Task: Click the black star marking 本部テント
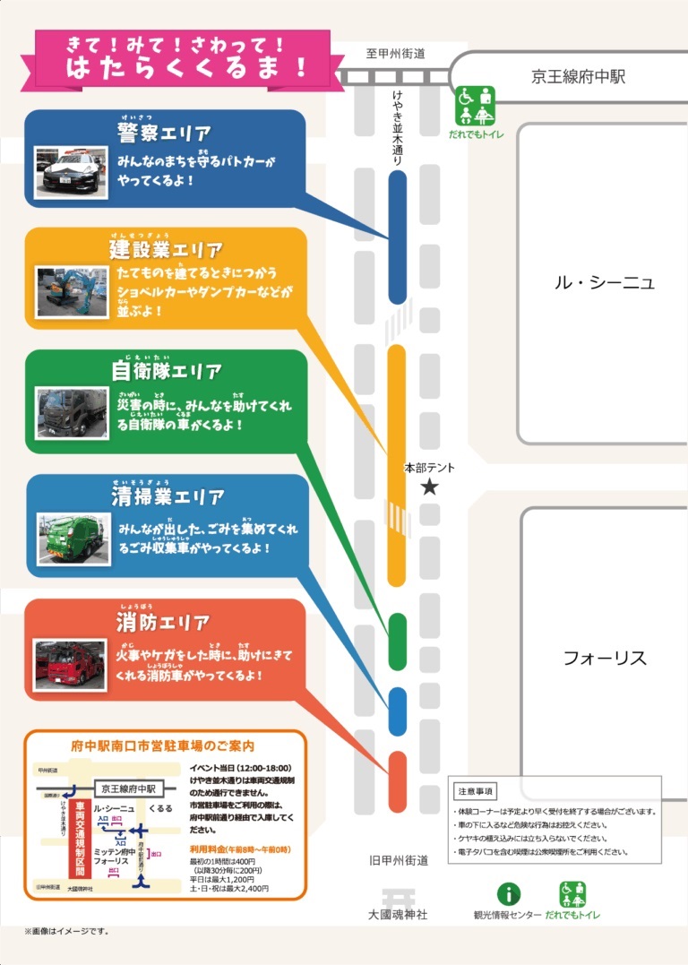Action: pos(430,487)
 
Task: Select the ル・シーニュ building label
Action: pos(604,283)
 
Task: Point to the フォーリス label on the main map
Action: pos(605,659)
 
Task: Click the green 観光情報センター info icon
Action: pos(508,893)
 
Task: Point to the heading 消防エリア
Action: pos(163,623)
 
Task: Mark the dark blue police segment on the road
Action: pos(398,237)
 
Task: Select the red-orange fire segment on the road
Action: pos(398,781)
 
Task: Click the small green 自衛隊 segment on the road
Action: pos(398,642)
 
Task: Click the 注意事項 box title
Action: pos(476,792)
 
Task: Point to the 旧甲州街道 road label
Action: pos(399,860)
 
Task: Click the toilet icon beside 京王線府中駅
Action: pos(476,106)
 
